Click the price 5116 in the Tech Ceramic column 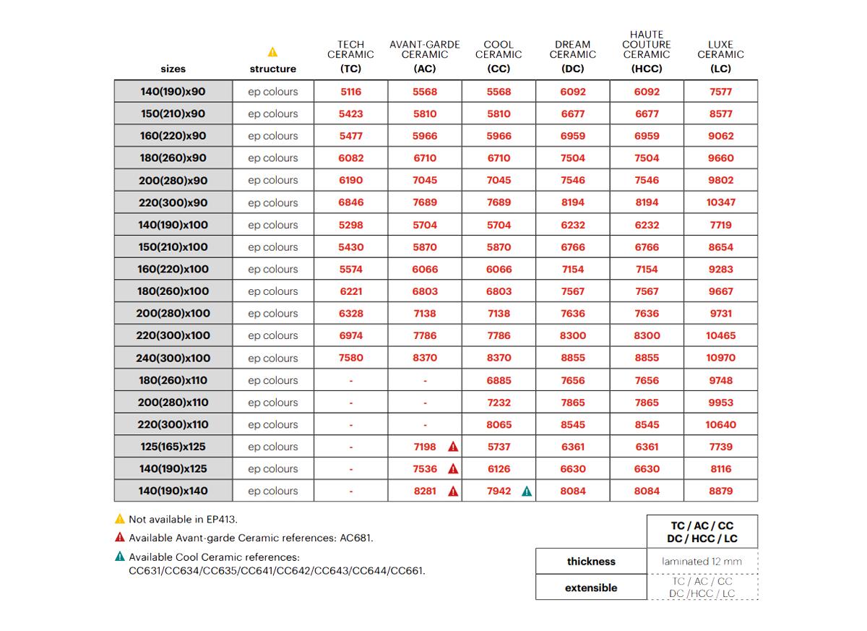tap(350, 92)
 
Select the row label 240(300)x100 tap(173, 358)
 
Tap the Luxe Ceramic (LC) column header tap(720, 55)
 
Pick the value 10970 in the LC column tap(720, 358)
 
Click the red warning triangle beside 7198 tap(453, 447)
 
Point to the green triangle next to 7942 tap(527, 492)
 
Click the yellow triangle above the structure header tap(272, 52)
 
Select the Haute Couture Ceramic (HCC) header tap(647, 51)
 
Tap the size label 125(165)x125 tap(173, 447)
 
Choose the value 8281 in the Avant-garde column tap(425, 491)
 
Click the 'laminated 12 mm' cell tap(702, 561)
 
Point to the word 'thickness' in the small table tap(591, 562)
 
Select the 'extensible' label tap(591, 588)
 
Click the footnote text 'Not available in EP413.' tap(183, 519)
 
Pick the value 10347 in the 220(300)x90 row tap(720, 202)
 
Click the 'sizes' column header tap(173, 69)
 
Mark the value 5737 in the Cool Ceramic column tap(499, 447)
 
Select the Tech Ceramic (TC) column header tap(350, 55)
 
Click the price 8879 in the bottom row tap(720, 491)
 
